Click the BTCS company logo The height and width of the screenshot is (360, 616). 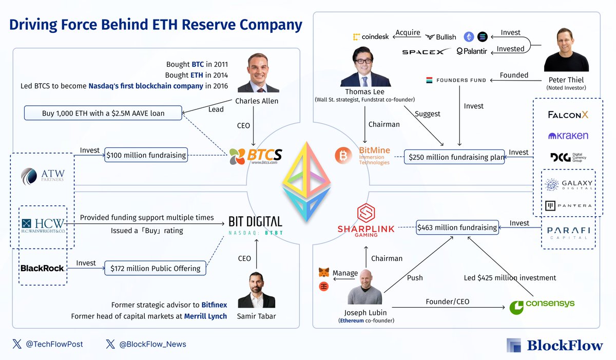pos(256,156)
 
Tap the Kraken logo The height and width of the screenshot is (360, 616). pos(568,136)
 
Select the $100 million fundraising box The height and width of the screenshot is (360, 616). pos(146,155)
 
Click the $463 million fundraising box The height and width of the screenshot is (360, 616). pos(457,228)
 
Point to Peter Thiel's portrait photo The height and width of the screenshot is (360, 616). pos(566,50)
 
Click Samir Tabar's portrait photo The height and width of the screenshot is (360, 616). pos(257,290)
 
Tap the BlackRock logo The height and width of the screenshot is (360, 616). pos(42,268)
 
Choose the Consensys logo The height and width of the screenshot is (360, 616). pos(542,307)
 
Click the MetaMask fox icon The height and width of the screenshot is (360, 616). pos(324,272)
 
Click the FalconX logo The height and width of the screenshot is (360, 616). pos(568,115)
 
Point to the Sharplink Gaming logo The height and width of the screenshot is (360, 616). pos(366,220)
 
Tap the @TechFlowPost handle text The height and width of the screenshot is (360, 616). pos(54,344)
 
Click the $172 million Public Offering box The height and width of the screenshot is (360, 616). pos(156,268)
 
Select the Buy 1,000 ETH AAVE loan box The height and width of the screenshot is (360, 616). pos(103,113)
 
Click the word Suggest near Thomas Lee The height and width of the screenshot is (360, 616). pos(427,114)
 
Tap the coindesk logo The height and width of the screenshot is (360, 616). pos(371,36)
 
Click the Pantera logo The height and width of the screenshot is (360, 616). pos(568,206)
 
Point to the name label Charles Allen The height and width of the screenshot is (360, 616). pos(257,101)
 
